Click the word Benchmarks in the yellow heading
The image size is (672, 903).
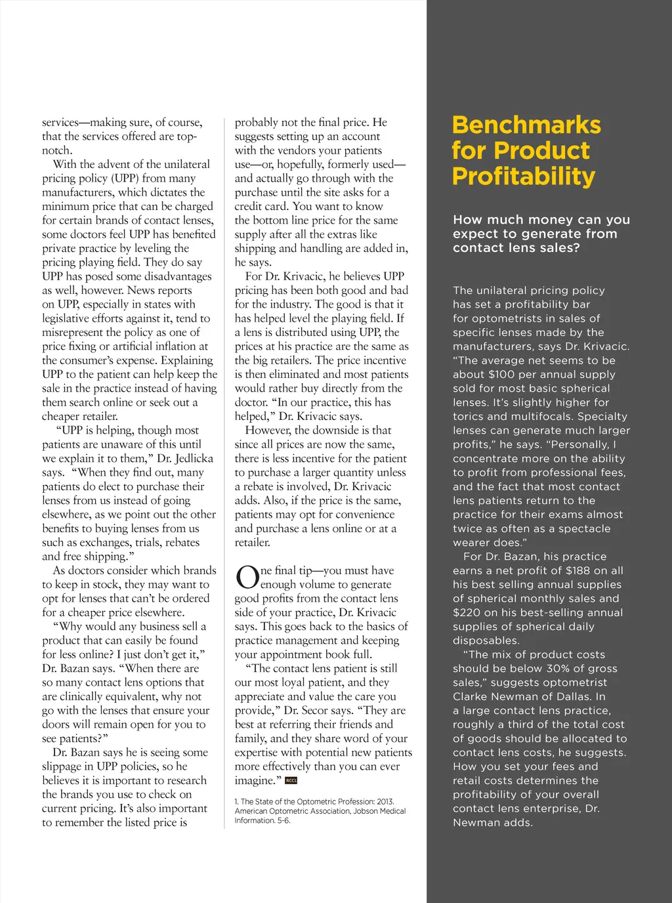[526, 125]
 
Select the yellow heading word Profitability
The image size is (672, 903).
[524, 176]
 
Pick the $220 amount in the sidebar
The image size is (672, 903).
[467, 612]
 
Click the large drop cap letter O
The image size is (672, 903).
[247, 578]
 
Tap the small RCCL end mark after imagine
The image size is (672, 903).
[291, 781]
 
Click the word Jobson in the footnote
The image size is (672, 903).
[356, 811]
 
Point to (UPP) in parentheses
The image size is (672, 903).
[125, 178]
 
